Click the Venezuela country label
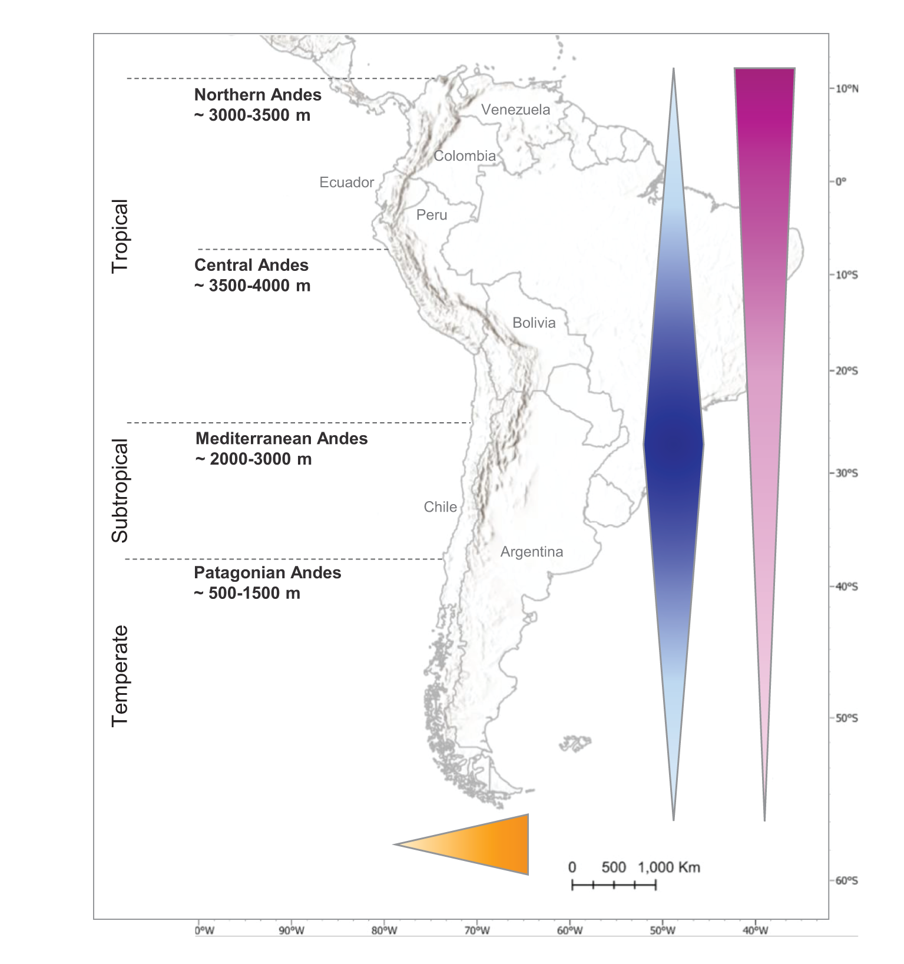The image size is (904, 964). point(515,110)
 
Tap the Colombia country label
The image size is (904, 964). point(465,156)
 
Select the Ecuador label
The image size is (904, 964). point(346,183)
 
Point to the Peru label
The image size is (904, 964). point(432,215)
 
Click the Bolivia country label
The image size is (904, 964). point(534,323)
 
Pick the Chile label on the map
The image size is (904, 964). point(440,507)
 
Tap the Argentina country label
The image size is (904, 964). point(531,552)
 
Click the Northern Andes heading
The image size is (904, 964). point(258,95)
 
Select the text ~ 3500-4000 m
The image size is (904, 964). point(252,286)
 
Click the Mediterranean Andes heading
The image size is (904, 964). point(282,439)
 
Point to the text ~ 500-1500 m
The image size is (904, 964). point(247,593)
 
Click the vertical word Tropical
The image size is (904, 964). point(120,236)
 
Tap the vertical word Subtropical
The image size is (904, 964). point(120,491)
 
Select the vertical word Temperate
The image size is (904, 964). point(120,676)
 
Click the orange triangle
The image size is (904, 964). point(483,844)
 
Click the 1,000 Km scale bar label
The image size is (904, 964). point(668,867)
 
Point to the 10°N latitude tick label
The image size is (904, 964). point(847,89)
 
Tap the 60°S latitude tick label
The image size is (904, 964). point(847,881)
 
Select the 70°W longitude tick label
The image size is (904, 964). point(476,931)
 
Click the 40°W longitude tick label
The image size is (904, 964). point(755,931)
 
